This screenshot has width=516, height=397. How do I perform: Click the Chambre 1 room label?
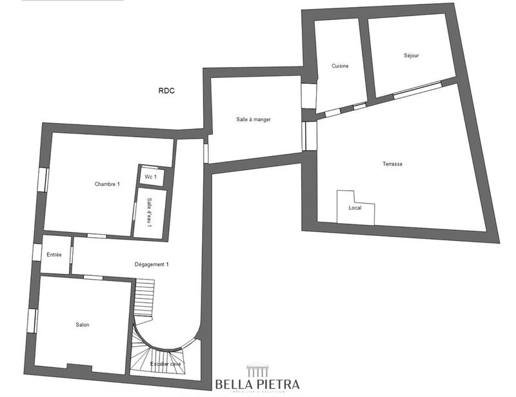click(107, 184)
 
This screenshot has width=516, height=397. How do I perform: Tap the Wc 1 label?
click(150, 177)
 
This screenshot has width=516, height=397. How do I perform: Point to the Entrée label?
click(54, 255)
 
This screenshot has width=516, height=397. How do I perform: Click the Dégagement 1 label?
click(151, 264)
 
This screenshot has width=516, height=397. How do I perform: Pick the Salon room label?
click(82, 325)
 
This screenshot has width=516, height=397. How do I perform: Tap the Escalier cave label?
click(166, 364)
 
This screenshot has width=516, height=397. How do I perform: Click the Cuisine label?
click(341, 66)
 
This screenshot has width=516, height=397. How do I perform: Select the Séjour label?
click(410, 55)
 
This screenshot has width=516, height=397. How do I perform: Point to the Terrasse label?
click(392, 164)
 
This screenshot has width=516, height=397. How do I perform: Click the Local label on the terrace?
click(355, 208)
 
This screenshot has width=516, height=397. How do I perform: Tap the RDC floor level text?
click(166, 91)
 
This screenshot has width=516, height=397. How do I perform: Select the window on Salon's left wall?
click(32, 320)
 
